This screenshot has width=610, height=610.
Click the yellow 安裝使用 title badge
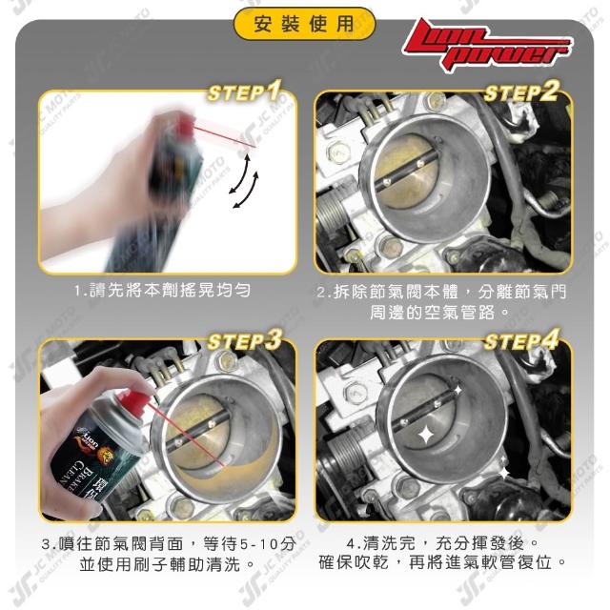(304, 24)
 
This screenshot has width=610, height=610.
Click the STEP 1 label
(245, 91)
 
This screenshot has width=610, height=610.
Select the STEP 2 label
(521, 91)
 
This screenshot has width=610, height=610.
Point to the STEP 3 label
(244, 340)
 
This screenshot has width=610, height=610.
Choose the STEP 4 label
(521, 340)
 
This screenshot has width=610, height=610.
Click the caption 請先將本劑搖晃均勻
(162, 290)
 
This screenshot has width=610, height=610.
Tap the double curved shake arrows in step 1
(244, 181)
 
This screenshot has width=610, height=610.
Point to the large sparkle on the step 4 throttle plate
(427, 435)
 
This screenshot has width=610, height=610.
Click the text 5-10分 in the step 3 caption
(268, 543)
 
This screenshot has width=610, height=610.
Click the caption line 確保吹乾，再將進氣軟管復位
(436, 562)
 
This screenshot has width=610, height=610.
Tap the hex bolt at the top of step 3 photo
(226, 360)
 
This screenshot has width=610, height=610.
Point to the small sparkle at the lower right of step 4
(504, 473)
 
